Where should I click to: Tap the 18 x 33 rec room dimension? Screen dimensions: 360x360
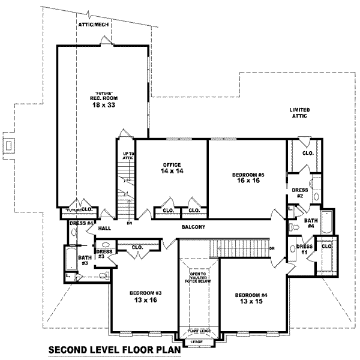click(102, 105)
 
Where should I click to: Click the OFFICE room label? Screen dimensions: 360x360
click(172, 164)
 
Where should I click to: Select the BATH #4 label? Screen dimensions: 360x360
click(310, 223)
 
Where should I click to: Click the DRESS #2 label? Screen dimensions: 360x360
click(300, 193)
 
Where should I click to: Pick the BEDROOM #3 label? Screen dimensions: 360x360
click(145, 293)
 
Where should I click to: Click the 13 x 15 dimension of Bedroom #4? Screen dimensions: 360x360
click(251, 302)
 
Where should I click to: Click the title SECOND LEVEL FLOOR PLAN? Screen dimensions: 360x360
click(113, 350)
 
